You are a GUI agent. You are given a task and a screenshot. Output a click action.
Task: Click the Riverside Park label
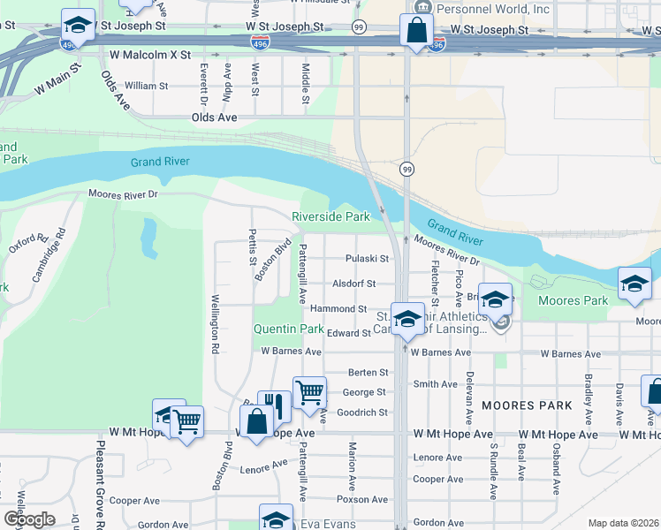coord(330,216)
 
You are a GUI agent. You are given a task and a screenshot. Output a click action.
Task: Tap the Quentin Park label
coord(289,329)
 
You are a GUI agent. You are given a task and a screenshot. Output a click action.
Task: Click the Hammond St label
coord(338,309)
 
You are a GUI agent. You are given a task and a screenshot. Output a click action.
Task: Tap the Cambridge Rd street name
coord(49,256)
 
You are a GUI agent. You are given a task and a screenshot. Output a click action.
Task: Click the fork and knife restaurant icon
coord(274,407)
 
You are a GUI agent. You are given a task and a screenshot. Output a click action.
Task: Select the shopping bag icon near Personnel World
coord(415,30)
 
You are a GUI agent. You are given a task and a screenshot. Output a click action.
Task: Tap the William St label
coord(146,86)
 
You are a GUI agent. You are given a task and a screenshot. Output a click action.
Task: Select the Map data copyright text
coord(623,523)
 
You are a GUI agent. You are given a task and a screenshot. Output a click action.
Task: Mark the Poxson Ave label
coord(363,499)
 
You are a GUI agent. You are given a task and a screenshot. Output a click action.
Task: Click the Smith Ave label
coord(436,384)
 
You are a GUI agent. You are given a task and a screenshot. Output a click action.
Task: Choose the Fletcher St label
coord(435,279)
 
